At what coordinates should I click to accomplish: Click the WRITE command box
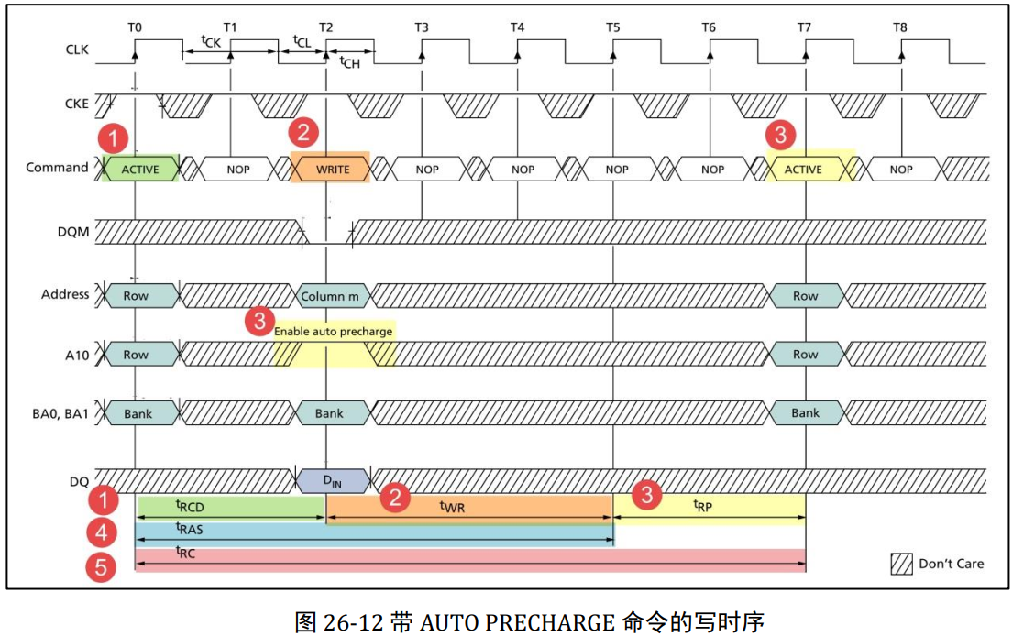(331, 169)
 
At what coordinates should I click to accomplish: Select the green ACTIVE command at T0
(139, 169)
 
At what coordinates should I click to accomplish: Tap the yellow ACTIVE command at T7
(804, 169)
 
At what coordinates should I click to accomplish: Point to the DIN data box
(333, 479)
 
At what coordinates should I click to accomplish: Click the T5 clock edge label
(612, 28)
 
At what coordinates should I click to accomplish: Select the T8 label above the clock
(900, 28)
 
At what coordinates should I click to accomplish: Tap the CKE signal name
(77, 104)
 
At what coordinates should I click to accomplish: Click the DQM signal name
(75, 232)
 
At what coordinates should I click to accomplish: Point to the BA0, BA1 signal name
(60, 412)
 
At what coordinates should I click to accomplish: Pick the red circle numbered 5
(101, 569)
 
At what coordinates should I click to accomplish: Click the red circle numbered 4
(101, 532)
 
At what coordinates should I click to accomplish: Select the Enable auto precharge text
(334, 331)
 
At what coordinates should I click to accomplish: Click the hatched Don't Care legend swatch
(901, 564)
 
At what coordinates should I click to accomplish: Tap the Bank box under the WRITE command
(329, 413)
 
